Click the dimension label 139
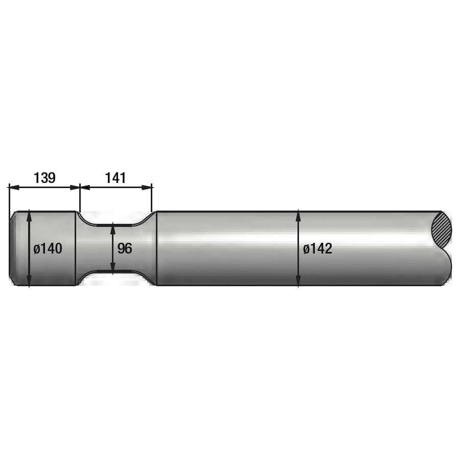tap(44, 178)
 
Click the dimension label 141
tap(116, 178)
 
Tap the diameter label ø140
tap(48, 248)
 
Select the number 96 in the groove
tap(125, 248)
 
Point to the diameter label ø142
tap(318, 248)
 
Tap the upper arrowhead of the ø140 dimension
tap(29, 215)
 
